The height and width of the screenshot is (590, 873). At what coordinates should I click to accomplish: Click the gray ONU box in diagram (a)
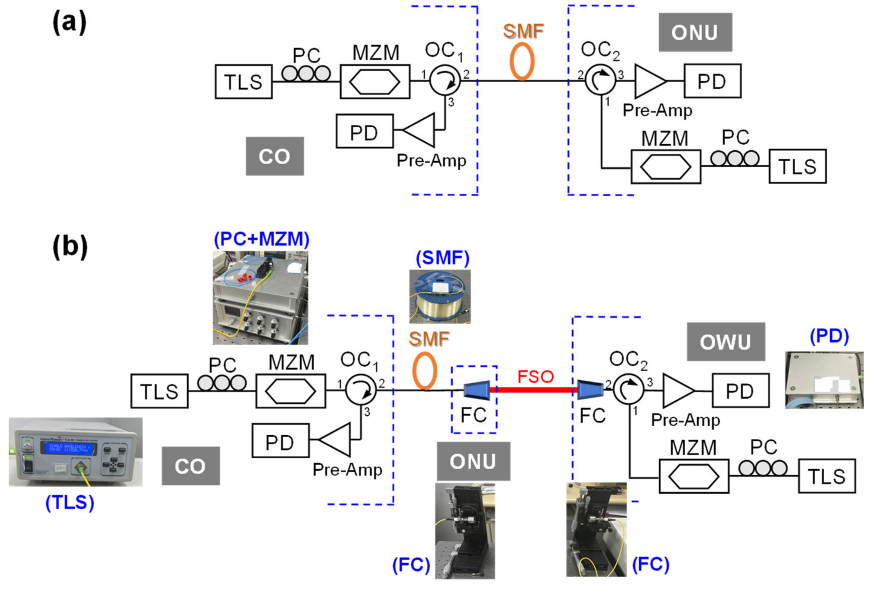click(x=695, y=32)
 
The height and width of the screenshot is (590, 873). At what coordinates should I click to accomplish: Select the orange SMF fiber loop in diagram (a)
click(x=522, y=61)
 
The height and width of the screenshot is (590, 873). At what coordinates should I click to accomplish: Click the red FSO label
click(x=535, y=376)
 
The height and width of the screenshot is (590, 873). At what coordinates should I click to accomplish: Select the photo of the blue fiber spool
click(x=440, y=296)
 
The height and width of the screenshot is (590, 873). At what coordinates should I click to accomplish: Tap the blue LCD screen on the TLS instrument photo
click(x=68, y=448)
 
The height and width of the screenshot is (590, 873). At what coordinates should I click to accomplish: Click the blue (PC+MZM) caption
click(x=261, y=239)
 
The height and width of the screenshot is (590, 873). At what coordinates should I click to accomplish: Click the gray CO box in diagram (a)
click(x=275, y=156)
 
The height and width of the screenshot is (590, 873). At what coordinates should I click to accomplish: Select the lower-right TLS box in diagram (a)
click(x=797, y=166)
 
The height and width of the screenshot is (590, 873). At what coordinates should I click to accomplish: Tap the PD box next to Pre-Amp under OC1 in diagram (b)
click(x=280, y=441)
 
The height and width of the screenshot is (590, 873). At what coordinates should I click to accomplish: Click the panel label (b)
click(x=70, y=246)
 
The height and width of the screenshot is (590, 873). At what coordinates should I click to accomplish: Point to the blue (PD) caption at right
click(x=829, y=336)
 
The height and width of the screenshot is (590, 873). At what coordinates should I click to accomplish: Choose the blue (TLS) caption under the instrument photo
click(x=70, y=502)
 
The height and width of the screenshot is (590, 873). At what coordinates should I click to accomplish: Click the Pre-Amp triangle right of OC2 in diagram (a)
click(x=649, y=81)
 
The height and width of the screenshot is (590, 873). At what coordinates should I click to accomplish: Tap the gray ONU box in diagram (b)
click(x=473, y=461)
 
